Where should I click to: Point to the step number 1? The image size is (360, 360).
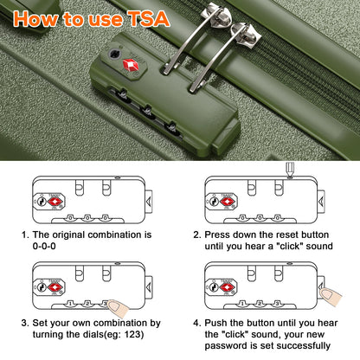click(x=25, y=234)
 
